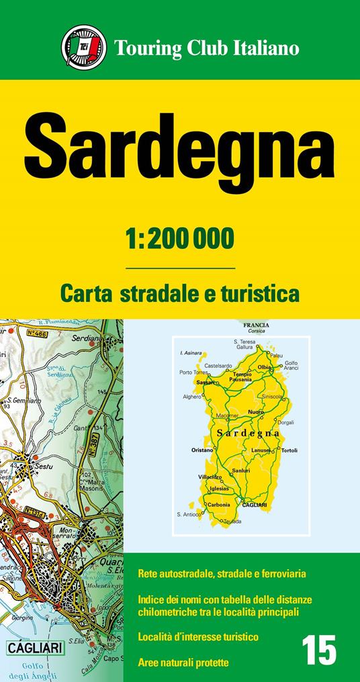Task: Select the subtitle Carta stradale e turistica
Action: pyautogui.click(x=179, y=293)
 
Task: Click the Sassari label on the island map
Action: pyautogui.click(x=206, y=382)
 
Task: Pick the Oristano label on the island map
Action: pyautogui.click(x=202, y=450)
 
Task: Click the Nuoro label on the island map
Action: pyautogui.click(x=256, y=411)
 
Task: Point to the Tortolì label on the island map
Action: pyautogui.click(x=289, y=450)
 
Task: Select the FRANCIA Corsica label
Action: pyautogui.click(x=257, y=328)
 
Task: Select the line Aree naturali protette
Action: pyautogui.click(x=183, y=663)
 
